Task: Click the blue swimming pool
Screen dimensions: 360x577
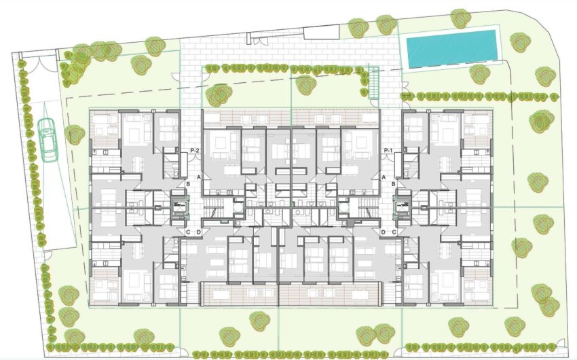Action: pyautogui.click(x=451, y=48)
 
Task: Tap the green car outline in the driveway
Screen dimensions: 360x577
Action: pyautogui.click(x=48, y=139)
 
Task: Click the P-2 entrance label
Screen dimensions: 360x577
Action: pyautogui.click(x=194, y=150)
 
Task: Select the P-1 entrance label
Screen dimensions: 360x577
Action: pyautogui.click(x=389, y=150)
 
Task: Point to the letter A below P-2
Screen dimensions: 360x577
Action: pyautogui.click(x=199, y=177)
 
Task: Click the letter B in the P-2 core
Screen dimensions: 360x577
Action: pyautogui.click(x=188, y=183)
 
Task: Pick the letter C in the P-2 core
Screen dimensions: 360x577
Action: pyautogui.click(x=188, y=232)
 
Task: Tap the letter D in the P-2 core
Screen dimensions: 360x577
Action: pyautogui.click(x=198, y=232)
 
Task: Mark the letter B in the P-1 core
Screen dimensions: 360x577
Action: pyautogui.click(x=394, y=183)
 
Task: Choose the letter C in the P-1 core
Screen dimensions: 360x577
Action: pyautogui.click(x=394, y=232)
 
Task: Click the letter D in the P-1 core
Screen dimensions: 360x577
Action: pyautogui.click(x=384, y=232)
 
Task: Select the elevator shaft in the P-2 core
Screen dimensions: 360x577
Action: pyautogui.click(x=179, y=204)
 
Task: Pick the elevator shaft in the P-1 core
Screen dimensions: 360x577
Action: pyautogui.click(x=404, y=204)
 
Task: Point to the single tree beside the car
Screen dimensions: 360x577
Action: pyautogui.click(x=74, y=134)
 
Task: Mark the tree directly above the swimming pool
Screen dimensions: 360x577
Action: pyautogui.click(x=460, y=18)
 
